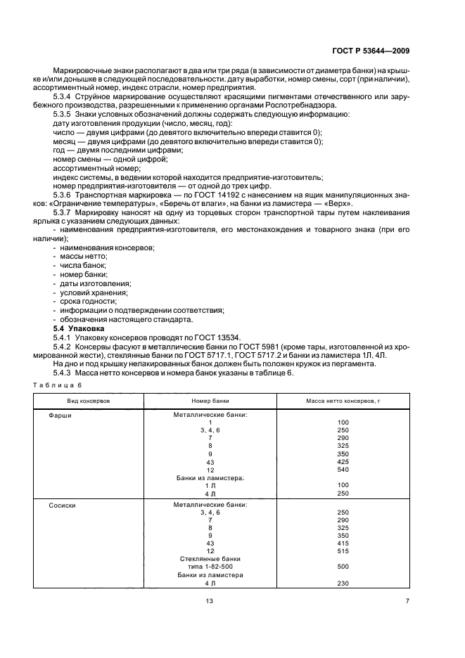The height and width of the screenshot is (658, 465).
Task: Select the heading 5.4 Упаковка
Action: click(x=78, y=328)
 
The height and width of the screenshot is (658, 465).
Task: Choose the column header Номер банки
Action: click(x=210, y=400)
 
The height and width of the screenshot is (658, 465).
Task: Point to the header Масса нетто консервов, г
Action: click(x=343, y=400)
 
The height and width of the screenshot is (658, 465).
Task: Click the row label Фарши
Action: click(x=60, y=415)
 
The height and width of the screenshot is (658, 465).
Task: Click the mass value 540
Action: click(x=343, y=470)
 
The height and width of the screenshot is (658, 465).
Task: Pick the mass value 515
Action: click(x=343, y=550)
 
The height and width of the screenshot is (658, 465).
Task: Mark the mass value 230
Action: click(x=343, y=583)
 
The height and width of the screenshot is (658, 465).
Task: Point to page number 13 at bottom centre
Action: click(x=209, y=600)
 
